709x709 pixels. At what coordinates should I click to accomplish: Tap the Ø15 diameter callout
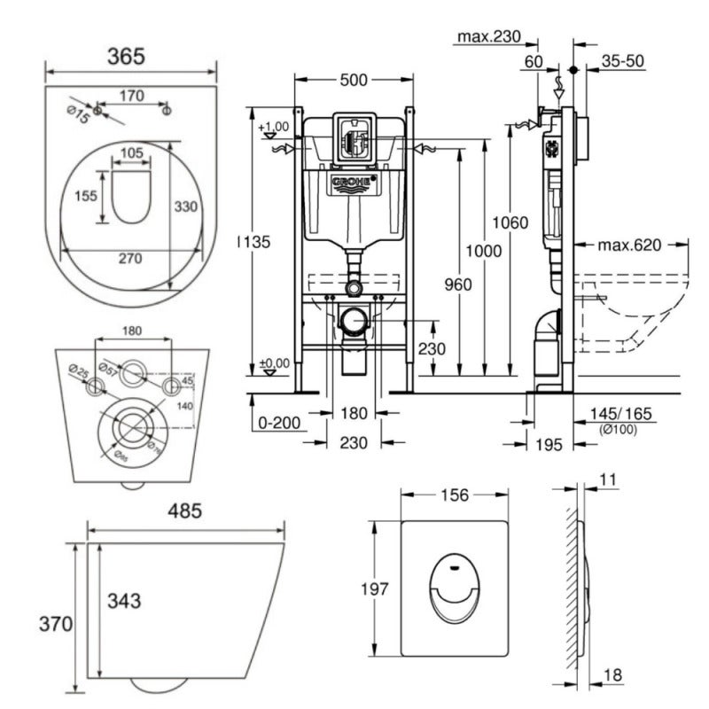(79, 114)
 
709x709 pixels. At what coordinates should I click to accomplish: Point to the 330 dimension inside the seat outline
(184, 206)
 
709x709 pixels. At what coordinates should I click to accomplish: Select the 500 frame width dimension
(354, 81)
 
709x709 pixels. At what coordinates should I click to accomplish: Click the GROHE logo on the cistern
(354, 183)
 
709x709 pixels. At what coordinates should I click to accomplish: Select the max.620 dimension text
(629, 245)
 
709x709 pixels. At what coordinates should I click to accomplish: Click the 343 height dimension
(123, 601)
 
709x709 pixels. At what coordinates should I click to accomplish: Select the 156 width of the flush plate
(453, 495)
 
